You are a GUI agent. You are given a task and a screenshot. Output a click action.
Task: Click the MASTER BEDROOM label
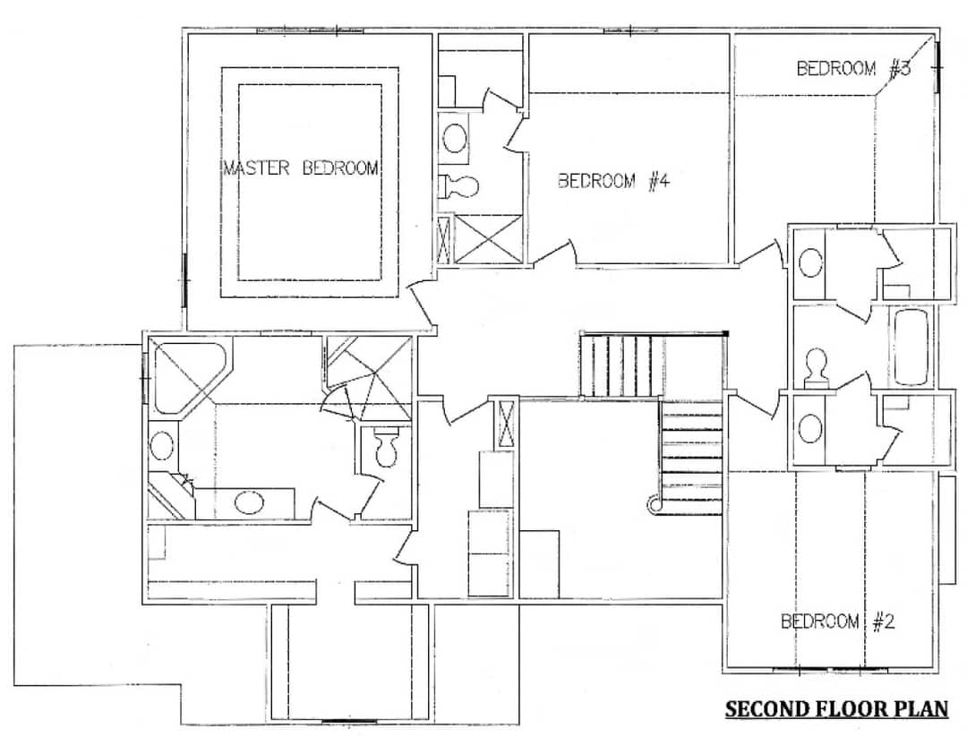click(x=300, y=168)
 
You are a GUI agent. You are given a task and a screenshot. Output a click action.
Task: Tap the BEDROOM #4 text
click(x=613, y=182)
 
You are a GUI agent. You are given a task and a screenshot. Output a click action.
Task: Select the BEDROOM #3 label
click(x=853, y=68)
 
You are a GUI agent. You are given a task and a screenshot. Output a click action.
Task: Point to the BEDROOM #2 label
click(x=837, y=622)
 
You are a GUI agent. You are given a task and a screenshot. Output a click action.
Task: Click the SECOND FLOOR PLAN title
click(x=836, y=709)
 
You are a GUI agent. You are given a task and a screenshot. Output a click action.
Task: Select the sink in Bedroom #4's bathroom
click(x=456, y=139)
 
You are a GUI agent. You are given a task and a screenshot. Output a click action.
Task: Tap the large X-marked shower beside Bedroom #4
click(x=488, y=239)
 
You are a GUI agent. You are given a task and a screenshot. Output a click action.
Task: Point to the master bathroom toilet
click(x=386, y=450)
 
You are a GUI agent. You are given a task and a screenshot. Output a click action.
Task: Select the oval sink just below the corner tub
click(x=162, y=445)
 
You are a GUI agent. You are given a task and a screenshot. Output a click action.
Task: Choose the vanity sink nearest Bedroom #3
click(x=810, y=263)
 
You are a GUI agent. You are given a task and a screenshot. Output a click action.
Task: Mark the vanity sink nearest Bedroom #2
click(x=809, y=426)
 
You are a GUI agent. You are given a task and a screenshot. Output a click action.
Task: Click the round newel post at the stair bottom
click(x=655, y=506)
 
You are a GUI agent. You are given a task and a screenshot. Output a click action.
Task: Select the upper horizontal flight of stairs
click(x=623, y=364)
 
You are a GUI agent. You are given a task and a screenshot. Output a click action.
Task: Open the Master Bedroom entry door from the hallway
click(x=420, y=304)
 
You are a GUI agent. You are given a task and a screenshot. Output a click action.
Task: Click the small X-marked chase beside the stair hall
click(x=505, y=424)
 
